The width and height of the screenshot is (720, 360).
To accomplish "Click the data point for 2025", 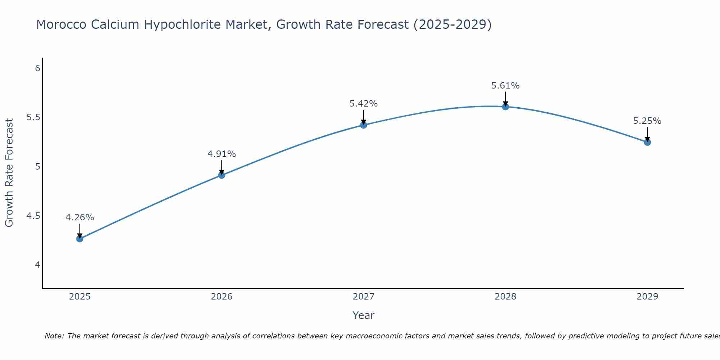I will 80,239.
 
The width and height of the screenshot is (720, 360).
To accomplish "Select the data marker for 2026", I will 222,175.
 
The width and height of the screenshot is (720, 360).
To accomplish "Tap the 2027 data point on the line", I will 364,125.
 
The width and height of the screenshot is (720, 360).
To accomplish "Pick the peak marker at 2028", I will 505,107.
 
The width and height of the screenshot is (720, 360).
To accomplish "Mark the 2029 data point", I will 647,142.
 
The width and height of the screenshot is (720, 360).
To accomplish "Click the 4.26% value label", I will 80,217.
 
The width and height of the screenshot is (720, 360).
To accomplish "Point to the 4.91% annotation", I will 222,154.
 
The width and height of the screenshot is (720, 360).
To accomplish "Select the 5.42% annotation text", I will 364,104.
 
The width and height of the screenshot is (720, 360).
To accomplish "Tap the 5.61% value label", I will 505,86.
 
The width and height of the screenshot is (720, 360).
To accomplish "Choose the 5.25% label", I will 647,121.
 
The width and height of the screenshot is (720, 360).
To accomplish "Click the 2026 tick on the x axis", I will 222,297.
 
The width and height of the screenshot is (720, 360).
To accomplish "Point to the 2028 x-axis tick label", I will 505,297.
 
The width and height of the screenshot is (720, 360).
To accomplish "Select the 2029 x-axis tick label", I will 647,297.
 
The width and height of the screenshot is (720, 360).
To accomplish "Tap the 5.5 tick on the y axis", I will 33,117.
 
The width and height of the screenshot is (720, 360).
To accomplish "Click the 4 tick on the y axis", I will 37,265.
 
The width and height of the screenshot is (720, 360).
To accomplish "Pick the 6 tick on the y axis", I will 37,68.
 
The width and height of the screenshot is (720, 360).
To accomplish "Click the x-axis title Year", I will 364,315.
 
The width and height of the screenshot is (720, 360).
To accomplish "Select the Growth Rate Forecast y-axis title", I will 9,173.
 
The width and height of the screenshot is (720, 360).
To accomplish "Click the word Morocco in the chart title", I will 61,24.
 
